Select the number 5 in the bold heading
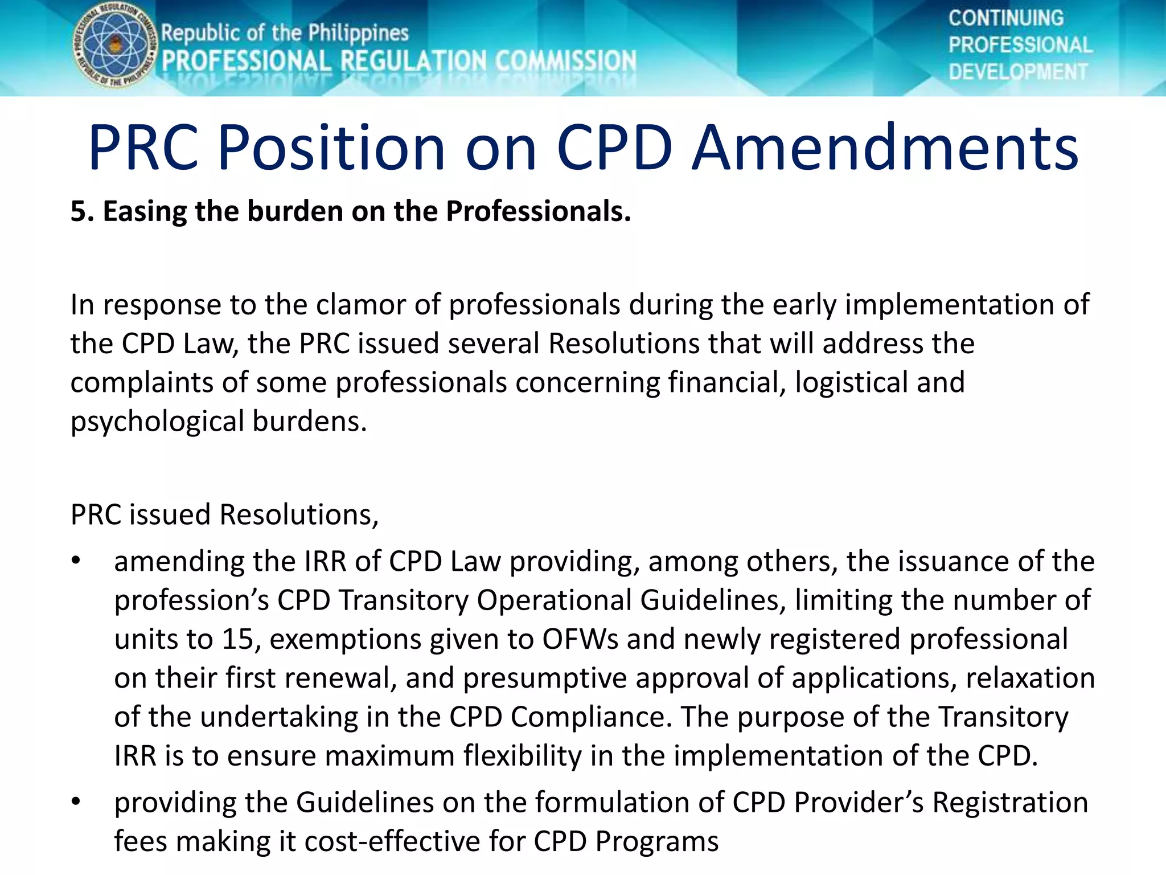78,211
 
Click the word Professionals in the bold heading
538,211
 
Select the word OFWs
580,639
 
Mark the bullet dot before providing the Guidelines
76,802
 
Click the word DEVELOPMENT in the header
1018,72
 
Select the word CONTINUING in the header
1005,18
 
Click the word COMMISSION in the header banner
565,61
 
